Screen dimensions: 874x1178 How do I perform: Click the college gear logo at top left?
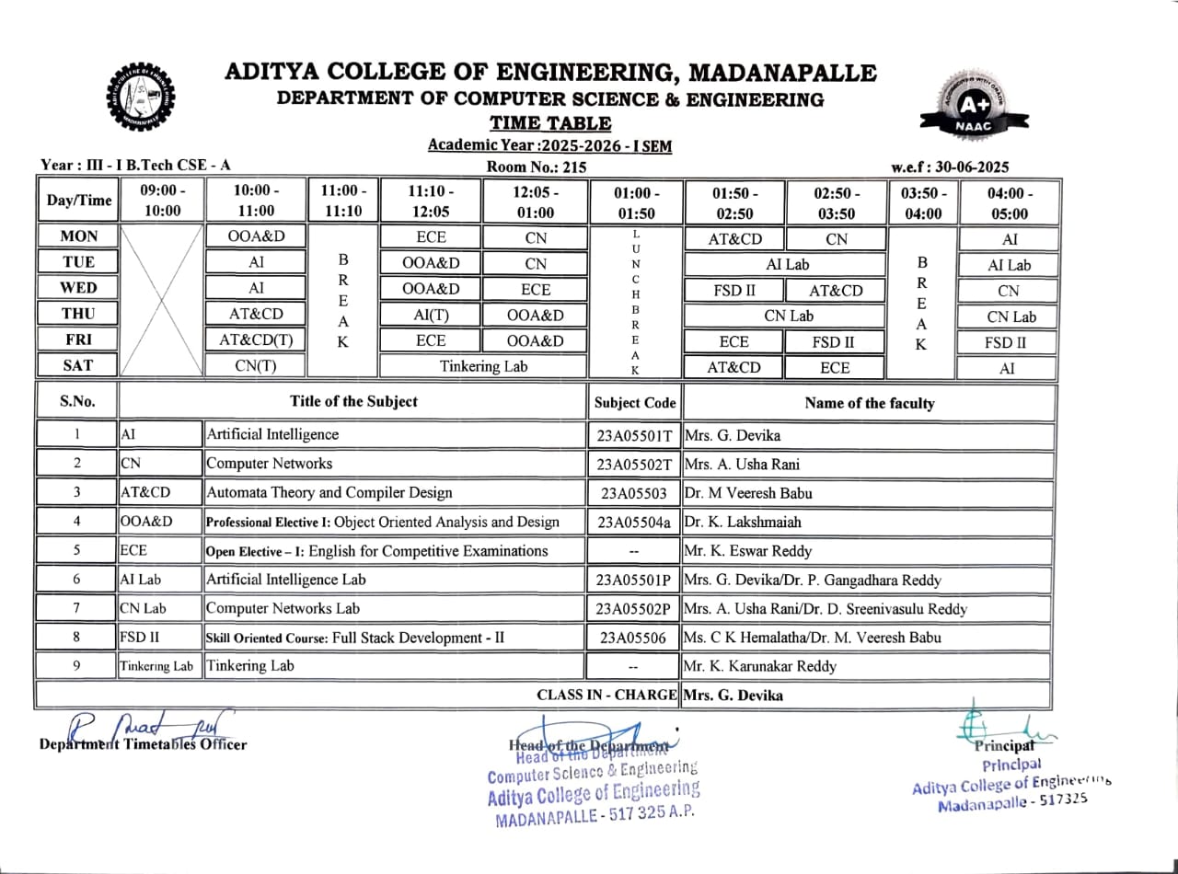click(x=141, y=97)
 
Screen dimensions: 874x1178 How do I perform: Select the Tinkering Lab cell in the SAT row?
click(x=483, y=366)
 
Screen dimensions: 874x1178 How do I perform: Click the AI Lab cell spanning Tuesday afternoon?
click(x=787, y=264)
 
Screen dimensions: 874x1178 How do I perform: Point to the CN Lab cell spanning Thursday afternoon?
click(x=789, y=316)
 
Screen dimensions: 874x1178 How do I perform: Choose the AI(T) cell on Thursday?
click(x=431, y=315)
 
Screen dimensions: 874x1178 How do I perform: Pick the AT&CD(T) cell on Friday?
click(x=256, y=340)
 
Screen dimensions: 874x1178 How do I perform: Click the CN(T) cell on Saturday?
click(x=256, y=366)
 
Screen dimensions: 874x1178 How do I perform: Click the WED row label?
click(x=78, y=288)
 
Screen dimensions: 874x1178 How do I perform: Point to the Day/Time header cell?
click(x=78, y=201)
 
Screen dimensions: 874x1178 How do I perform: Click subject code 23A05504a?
click(x=635, y=522)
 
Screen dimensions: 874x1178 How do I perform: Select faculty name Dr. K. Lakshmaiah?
click(x=743, y=522)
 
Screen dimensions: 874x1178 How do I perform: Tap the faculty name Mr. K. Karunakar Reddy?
click(x=759, y=665)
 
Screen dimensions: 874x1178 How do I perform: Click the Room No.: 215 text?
click(x=536, y=167)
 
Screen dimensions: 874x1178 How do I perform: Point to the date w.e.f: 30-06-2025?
click(x=950, y=167)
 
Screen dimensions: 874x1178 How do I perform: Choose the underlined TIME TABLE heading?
click(x=550, y=123)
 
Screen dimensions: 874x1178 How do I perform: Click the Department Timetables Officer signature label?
click(x=143, y=744)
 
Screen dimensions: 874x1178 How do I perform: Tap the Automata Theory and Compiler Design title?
click(x=329, y=492)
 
